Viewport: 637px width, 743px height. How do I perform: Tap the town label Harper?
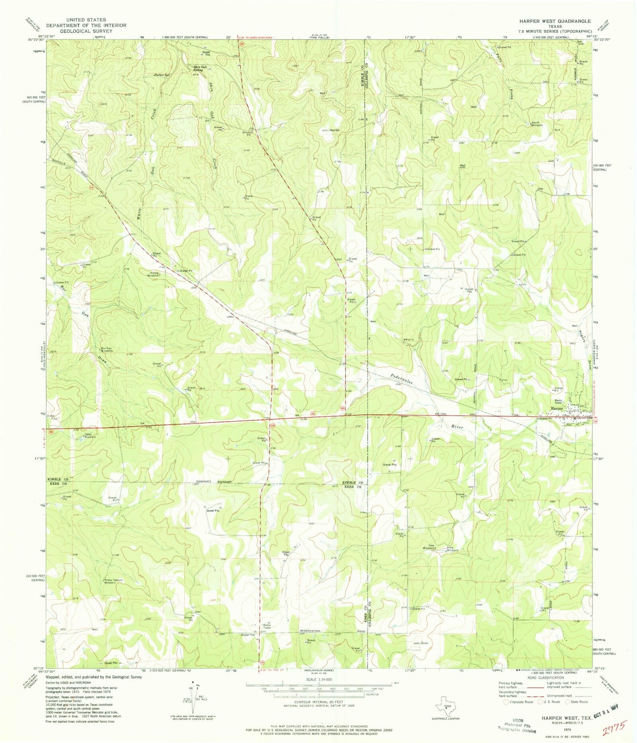tap(557, 409)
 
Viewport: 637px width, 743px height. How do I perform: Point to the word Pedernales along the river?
tap(401, 379)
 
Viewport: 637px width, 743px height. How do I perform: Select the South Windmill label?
tap(535, 123)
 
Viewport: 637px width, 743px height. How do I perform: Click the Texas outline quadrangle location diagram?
tap(446, 707)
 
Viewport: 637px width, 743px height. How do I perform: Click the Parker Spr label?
tap(162, 75)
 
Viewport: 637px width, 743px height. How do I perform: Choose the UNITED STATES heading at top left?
tap(86, 20)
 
